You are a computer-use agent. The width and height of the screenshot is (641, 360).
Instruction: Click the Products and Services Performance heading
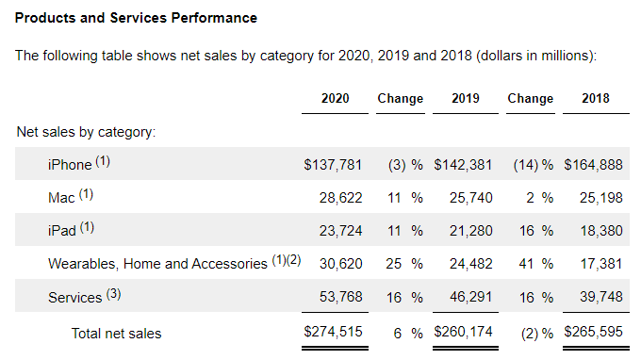click(x=136, y=18)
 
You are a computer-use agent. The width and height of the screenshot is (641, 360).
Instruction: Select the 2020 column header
click(x=336, y=98)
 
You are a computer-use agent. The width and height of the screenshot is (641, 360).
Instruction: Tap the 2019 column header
click(x=466, y=98)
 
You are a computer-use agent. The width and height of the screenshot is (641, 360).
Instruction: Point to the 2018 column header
click(x=596, y=98)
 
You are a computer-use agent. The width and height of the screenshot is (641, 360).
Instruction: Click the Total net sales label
click(x=117, y=334)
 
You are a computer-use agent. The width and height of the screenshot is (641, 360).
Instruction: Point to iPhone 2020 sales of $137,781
click(x=333, y=165)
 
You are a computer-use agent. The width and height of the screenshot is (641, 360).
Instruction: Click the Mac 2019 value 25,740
click(x=471, y=198)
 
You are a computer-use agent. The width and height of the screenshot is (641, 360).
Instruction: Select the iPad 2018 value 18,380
click(x=601, y=231)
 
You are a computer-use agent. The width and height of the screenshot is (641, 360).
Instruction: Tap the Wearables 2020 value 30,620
click(x=341, y=264)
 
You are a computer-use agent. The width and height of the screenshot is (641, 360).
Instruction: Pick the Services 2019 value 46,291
click(x=471, y=297)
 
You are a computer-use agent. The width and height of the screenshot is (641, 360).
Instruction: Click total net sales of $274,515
click(x=333, y=332)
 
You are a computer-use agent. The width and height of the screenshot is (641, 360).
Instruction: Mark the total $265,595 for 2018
click(x=593, y=332)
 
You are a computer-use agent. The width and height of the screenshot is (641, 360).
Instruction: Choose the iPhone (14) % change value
click(x=534, y=165)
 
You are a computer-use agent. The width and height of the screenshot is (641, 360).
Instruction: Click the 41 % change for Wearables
click(x=536, y=264)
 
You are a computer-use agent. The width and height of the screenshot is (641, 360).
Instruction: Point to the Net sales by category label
click(x=86, y=132)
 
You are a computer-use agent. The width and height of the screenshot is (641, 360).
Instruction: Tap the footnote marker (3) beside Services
click(x=114, y=294)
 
